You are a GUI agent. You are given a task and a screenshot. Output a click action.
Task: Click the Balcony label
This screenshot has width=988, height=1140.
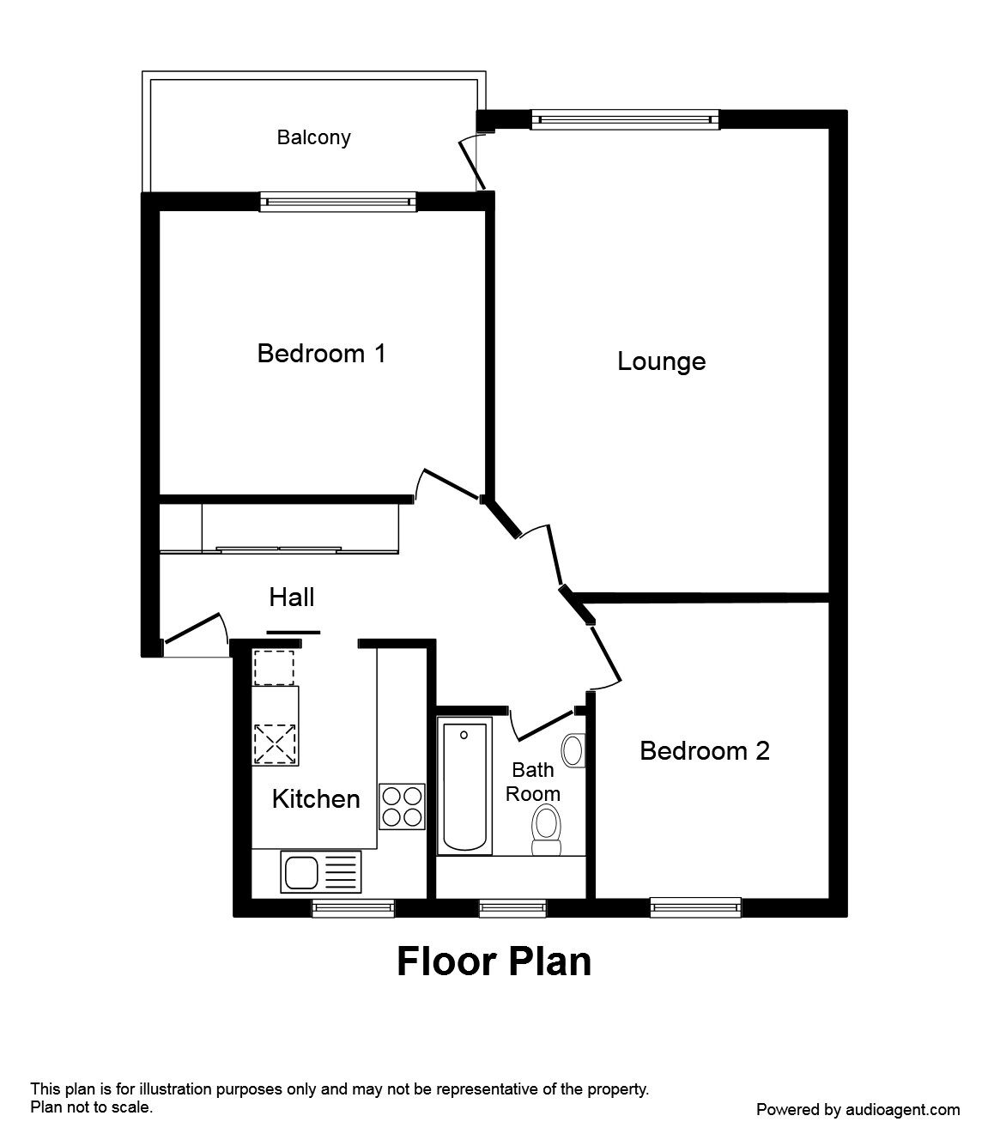(x=313, y=137)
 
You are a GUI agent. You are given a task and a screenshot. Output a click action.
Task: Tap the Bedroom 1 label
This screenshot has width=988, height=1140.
(x=321, y=353)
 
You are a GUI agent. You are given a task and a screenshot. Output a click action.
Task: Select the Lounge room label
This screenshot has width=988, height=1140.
(x=661, y=361)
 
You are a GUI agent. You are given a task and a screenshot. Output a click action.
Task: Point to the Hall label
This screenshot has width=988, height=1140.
(x=292, y=597)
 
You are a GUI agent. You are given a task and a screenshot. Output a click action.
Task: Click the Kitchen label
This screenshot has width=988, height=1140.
(x=315, y=799)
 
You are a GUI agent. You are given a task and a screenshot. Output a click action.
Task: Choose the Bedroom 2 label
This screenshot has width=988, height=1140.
(x=704, y=751)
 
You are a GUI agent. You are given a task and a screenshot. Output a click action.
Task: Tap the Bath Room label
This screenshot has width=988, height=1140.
(x=532, y=782)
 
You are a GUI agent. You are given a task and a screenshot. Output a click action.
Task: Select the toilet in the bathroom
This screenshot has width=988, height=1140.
(x=545, y=829)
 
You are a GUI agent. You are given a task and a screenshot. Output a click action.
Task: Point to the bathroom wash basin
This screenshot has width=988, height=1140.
(x=572, y=750)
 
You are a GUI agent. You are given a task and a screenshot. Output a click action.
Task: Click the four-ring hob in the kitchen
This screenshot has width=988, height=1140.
(x=402, y=807)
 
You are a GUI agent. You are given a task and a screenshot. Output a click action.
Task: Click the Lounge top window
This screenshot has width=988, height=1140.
(x=624, y=119)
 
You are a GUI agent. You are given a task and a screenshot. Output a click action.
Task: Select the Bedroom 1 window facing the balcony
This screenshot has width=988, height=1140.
(x=338, y=202)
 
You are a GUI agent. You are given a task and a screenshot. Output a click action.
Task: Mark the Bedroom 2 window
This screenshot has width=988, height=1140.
(x=695, y=907)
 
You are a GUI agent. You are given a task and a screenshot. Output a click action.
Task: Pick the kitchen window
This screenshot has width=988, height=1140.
(x=353, y=908)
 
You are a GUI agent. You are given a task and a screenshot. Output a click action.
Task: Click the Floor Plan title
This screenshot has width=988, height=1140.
(x=494, y=961)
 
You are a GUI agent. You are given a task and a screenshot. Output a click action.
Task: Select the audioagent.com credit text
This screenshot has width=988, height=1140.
(x=858, y=1110)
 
